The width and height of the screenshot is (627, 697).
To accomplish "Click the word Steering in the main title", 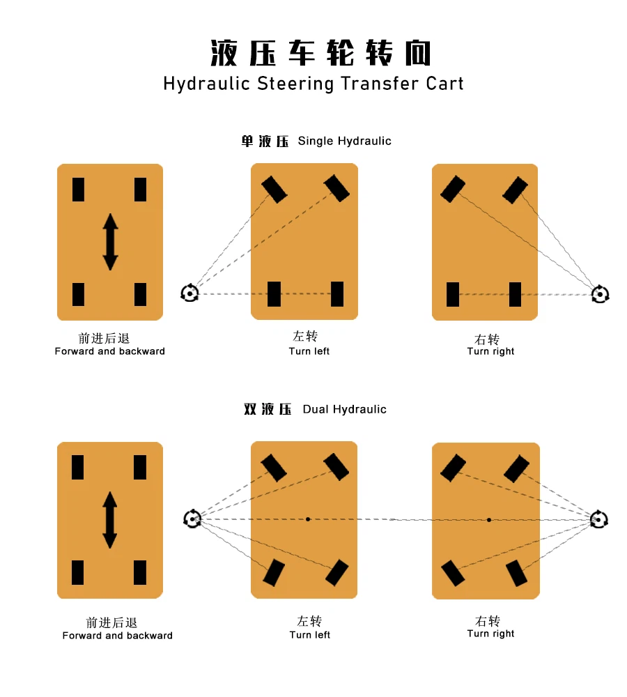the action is coord(295,84).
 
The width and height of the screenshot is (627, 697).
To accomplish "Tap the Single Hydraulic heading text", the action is coord(344,141).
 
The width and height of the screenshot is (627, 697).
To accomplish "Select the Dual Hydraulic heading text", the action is coord(344,409).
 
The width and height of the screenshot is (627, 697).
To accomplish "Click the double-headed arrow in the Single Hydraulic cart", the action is coord(110,242).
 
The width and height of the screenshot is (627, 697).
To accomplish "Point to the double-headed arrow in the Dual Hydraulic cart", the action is coord(110,520).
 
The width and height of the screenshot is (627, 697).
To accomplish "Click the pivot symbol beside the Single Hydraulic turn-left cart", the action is coord(189,293).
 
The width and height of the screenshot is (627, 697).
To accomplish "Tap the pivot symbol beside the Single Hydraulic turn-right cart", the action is coord(601,294).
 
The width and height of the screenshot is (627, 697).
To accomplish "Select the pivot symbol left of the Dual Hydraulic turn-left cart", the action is coord(192,519).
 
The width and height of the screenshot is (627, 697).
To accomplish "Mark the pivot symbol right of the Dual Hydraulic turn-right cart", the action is coord(599,519).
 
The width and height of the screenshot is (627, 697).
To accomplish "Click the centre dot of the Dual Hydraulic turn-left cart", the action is coord(308,519).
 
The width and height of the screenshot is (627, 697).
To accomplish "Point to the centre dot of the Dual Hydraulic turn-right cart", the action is coord(489,520).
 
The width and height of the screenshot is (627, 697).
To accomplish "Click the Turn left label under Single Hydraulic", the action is coord(309,351).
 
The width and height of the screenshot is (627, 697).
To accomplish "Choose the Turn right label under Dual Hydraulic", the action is coord(490,634).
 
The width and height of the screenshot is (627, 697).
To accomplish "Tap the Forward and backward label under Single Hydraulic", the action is coord(110,351).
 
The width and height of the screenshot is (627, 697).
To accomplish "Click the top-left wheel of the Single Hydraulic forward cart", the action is coord(78,190).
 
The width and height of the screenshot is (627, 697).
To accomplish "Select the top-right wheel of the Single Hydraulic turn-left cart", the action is coord(336,188).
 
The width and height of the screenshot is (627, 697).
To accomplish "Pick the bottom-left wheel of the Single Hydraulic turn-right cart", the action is coord(453,294).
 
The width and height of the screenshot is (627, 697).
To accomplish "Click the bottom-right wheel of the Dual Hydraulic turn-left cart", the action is coord(336,572).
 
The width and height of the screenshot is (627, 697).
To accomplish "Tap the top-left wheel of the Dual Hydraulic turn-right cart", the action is coord(454,468).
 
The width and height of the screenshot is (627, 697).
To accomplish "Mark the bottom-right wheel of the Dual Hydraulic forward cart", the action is coord(140,572).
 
